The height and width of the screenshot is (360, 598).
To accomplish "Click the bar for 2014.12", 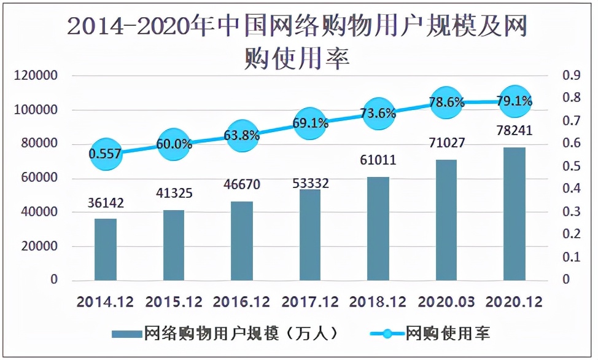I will tap(106, 249).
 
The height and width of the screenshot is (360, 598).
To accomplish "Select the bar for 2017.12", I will tap(310, 235).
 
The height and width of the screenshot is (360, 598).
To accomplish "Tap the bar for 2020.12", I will tap(515, 214).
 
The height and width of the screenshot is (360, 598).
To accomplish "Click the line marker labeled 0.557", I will tap(106, 154).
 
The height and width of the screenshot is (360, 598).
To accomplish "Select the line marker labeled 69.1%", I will tap(310, 123).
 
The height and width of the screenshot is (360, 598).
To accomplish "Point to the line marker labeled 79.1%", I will tap(515, 101).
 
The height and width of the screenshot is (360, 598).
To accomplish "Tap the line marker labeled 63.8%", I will tap(242, 135).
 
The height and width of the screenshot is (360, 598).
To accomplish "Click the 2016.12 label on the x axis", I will tap(241, 302).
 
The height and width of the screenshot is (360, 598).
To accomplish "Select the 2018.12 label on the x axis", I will tap(378, 302).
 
